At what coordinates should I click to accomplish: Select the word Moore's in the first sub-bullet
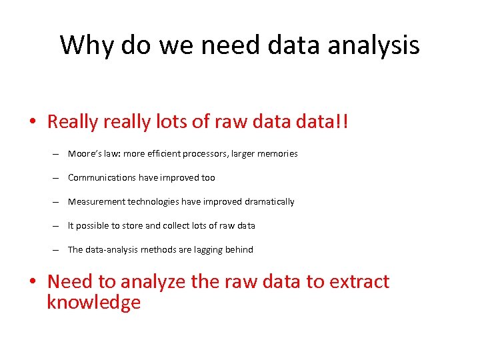[84, 153]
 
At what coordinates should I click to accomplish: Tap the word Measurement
[97, 201]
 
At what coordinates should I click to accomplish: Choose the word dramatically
[269, 201]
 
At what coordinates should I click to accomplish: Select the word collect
[176, 225]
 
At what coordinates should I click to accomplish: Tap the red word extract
[359, 281]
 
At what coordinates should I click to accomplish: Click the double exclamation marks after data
[341, 121]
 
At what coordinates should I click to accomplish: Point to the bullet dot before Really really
[34, 123]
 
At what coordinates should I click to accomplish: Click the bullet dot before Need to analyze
[34, 283]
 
